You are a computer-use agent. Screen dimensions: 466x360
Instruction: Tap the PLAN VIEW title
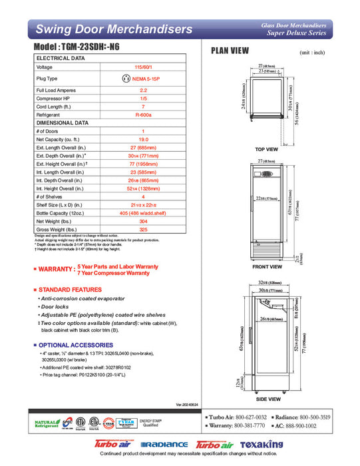[x=230, y=51]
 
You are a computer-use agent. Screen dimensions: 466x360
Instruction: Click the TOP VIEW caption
[x=266, y=149]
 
